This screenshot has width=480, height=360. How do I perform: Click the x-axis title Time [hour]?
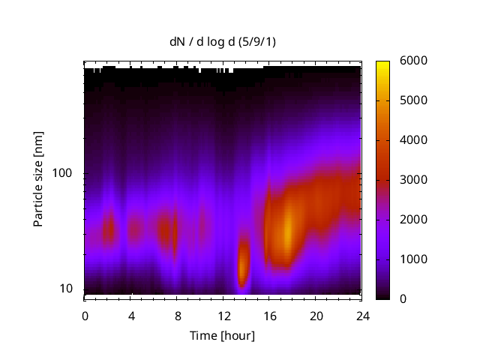pyautogui.click(x=221, y=335)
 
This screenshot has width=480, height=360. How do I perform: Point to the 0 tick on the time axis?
pyautogui.click(x=85, y=315)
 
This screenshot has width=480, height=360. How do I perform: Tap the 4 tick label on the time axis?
pyautogui.click(x=131, y=315)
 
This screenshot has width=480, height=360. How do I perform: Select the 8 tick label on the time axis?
pyautogui.click(x=178, y=315)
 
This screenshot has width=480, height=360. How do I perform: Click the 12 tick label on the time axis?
pyautogui.click(x=223, y=315)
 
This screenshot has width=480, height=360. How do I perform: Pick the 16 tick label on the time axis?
pyautogui.click(x=270, y=315)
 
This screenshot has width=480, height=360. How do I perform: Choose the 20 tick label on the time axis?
pyautogui.click(x=316, y=315)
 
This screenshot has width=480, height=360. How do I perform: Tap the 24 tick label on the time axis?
pyautogui.click(x=363, y=315)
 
